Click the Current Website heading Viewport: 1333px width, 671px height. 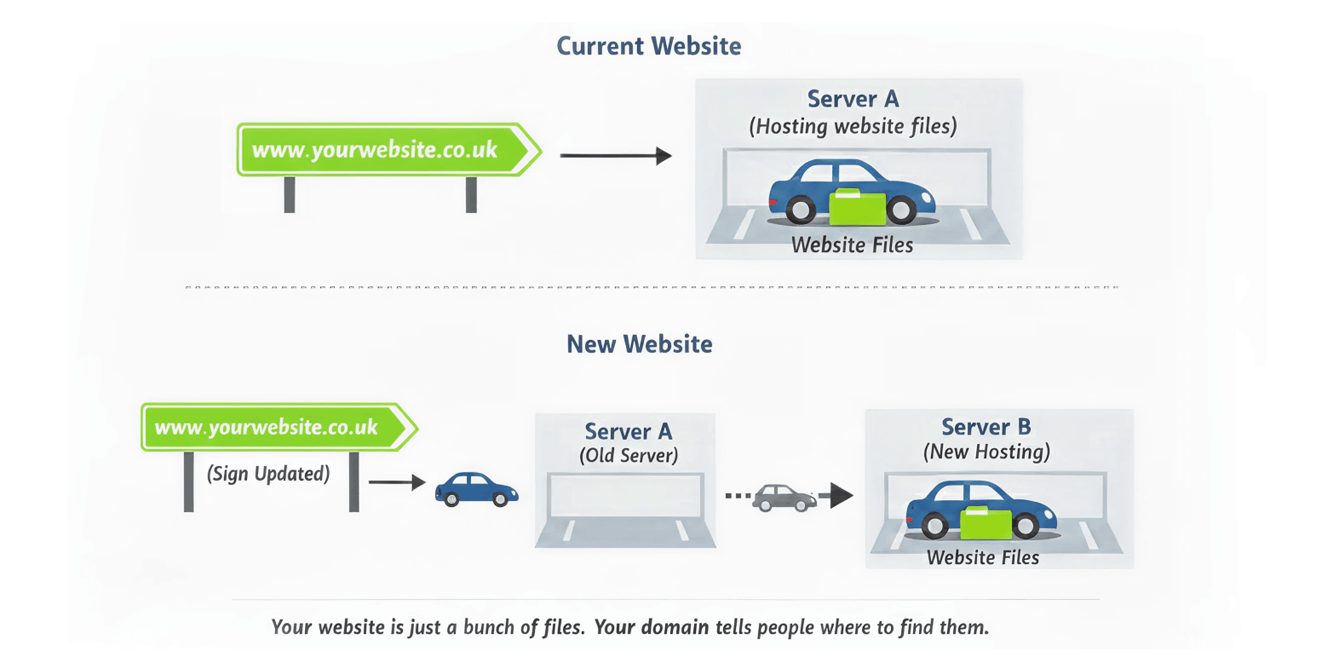point(648,46)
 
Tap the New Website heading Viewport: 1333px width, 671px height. point(639,344)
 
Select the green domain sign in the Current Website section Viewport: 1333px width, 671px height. point(383,150)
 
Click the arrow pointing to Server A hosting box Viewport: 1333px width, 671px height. point(615,155)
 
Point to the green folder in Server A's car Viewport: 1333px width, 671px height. point(857,208)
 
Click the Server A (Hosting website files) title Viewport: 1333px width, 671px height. point(853,112)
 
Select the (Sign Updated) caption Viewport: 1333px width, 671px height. point(268,474)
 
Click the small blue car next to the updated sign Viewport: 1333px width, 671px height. point(476,489)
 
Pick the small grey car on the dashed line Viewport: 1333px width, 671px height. point(783,498)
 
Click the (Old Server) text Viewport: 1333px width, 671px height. point(628,456)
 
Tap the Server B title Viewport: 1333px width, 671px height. point(986,427)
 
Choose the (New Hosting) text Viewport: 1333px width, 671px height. point(986,452)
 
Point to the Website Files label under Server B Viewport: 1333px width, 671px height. point(983,558)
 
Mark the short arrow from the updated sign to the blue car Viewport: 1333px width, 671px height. point(396,482)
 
